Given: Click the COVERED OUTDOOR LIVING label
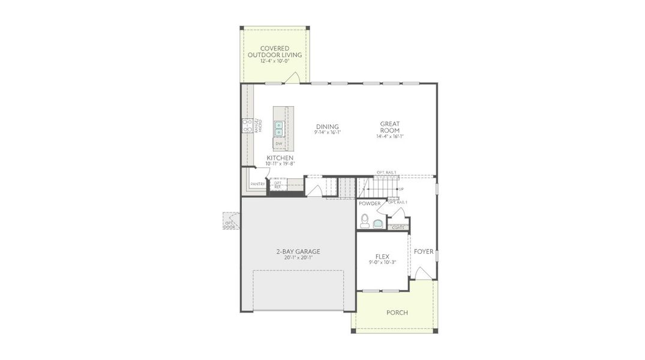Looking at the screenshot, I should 275,52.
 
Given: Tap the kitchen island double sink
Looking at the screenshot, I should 279,128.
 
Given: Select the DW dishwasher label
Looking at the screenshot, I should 279,144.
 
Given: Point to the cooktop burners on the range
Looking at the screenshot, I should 247,126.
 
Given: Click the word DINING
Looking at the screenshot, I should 328,127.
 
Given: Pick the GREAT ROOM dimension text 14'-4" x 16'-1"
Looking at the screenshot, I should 389,137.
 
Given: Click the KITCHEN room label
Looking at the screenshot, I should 280,158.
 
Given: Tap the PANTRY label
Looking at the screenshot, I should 257,184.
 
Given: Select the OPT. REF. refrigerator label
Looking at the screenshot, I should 278,185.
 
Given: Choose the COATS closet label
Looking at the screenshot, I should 398,227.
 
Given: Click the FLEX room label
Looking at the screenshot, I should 382,257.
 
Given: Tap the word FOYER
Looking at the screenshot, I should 424,251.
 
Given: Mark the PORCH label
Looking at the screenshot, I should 397,313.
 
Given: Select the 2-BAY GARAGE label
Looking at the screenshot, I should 298,251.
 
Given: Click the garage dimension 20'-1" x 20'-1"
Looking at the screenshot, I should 298,259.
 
